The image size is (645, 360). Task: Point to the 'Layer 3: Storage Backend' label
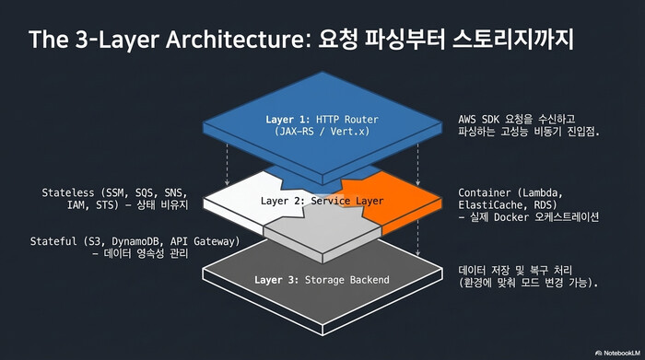[x=322, y=279]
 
